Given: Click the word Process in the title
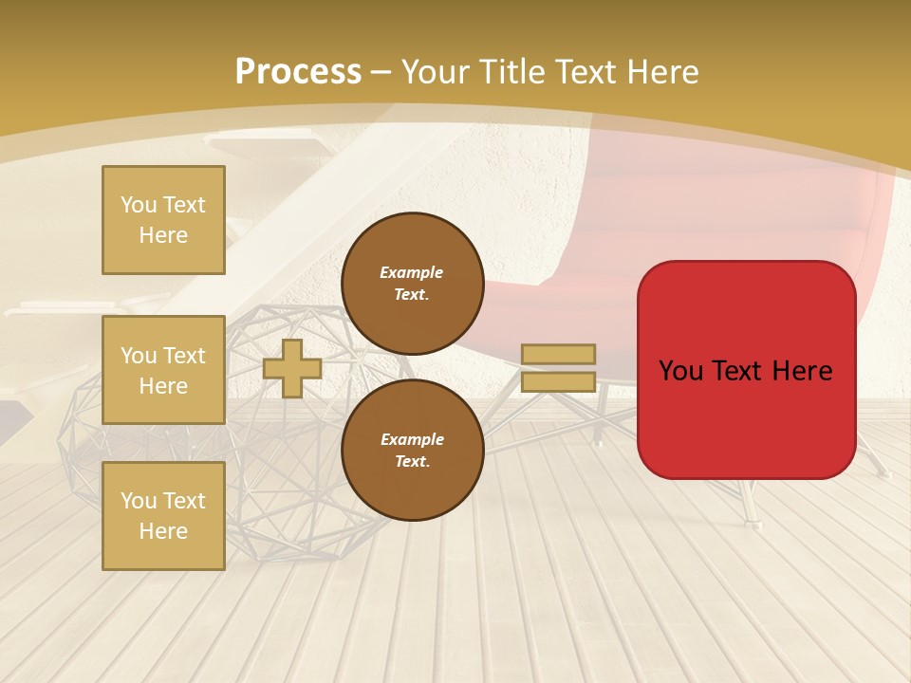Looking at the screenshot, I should tap(298, 72).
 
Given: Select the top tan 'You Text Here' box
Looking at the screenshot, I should tap(163, 220).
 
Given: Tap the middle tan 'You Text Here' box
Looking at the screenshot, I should tap(163, 370).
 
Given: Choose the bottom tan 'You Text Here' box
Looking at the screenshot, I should tap(163, 515).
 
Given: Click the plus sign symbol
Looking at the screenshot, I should tap(292, 368).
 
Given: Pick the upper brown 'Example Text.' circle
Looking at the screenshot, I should tap(412, 284).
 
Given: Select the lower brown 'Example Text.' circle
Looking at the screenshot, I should tap(412, 451).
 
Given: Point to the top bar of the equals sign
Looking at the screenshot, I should tap(558, 354).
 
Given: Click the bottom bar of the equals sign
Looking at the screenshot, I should tap(558, 381).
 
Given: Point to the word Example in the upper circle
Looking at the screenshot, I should tap(412, 272).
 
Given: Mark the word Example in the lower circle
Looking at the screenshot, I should tap(412, 439).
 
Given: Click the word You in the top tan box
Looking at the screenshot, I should tap(138, 205).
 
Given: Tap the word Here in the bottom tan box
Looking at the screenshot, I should tap(163, 531).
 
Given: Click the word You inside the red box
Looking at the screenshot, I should tap(680, 371).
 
